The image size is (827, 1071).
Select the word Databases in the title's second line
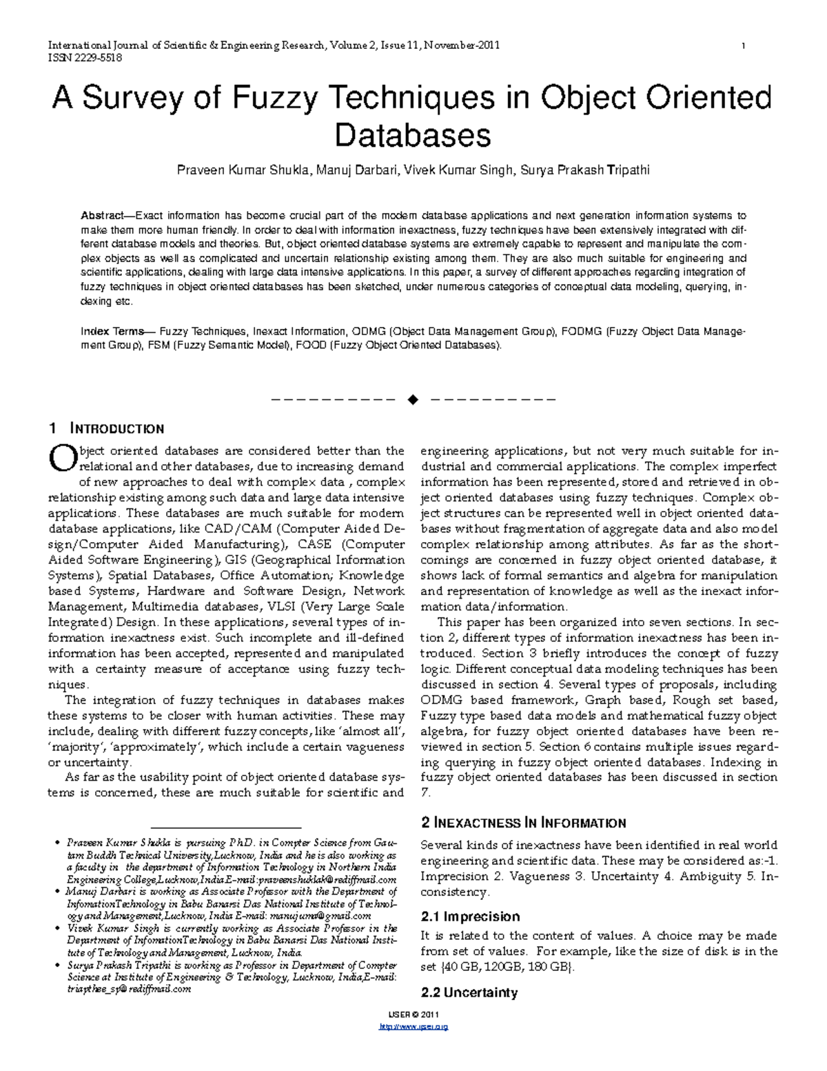[413, 135]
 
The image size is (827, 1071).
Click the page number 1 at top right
[743, 46]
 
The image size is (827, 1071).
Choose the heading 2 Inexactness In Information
[522, 823]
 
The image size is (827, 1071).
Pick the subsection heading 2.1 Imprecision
[470, 917]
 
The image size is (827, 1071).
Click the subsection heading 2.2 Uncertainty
[469, 993]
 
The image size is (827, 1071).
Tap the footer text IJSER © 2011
[413, 1014]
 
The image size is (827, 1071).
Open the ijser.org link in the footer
[413, 1027]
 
